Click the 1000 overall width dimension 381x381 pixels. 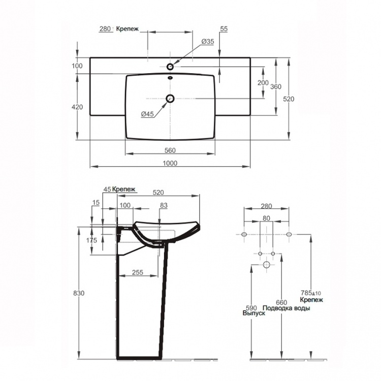tap(170, 163)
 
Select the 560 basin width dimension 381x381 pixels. tap(170, 150)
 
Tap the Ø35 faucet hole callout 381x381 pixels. tap(207, 42)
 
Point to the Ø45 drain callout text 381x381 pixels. tap(147, 114)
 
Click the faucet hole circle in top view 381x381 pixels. tap(170, 66)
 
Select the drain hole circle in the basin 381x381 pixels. tap(170, 99)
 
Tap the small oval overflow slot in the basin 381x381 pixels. tap(170, 78)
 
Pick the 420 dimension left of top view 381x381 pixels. tap(77, 107)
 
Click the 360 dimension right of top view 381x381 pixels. tap(276, 86)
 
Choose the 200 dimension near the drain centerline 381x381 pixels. tap(263, 83)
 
